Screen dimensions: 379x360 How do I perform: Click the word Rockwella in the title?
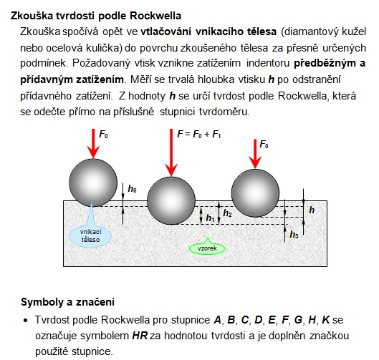point(155,16)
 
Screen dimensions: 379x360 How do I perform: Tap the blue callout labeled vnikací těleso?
point(90,235)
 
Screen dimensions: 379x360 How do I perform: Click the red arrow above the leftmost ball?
point(93,143)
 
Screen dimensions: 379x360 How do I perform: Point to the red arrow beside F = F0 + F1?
point(171,152)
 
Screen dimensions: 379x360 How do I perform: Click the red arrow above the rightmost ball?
point(255,154)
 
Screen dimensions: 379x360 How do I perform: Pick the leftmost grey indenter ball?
point(93,183)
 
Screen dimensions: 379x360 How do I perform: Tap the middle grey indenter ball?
point(171,200)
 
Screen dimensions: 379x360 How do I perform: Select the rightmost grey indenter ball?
point(255,193)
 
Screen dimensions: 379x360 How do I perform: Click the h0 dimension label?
point(132,189)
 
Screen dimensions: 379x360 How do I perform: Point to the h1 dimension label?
point(210,218)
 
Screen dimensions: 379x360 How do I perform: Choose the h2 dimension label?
point(227,213)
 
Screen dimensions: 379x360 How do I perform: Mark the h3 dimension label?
point(294,235)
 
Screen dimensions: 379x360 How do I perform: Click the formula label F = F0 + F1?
point(199,135)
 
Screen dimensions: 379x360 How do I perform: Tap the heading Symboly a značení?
point(67,302)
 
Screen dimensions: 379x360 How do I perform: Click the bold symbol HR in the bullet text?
point(140,336)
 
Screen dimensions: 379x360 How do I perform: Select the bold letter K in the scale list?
point(326,320)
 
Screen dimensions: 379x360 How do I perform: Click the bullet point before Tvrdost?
point(26,321)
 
